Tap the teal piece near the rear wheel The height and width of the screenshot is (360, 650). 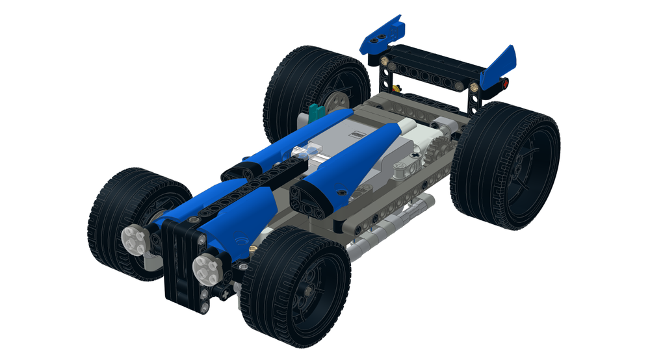pos(316,111)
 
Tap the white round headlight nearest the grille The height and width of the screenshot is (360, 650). pos(206,268)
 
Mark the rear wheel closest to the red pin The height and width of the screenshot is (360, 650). pos(506,166)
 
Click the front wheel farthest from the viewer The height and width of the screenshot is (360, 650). pos(133,221)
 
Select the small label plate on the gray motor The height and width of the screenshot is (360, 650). pos(357,135)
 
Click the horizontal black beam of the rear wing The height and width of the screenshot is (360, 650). pos(435,68)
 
